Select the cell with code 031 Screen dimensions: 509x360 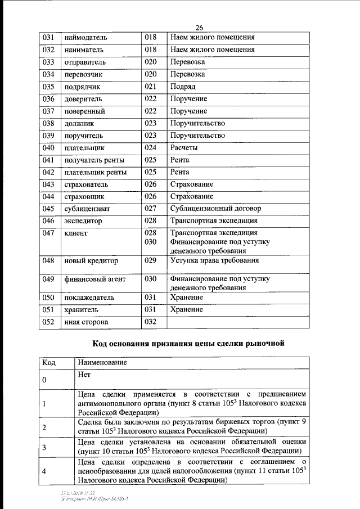tap(48, 38)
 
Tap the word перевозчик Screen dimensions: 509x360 tap(84, 74)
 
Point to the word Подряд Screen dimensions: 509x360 tap(183, 87)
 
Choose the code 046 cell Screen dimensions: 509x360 tap(48, 221)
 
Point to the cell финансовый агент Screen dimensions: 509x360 tap(94, 279)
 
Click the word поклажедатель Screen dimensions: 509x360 tap(90, 298)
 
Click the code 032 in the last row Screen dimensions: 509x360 tap(150, 322)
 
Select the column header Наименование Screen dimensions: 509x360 tap(102, 363)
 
